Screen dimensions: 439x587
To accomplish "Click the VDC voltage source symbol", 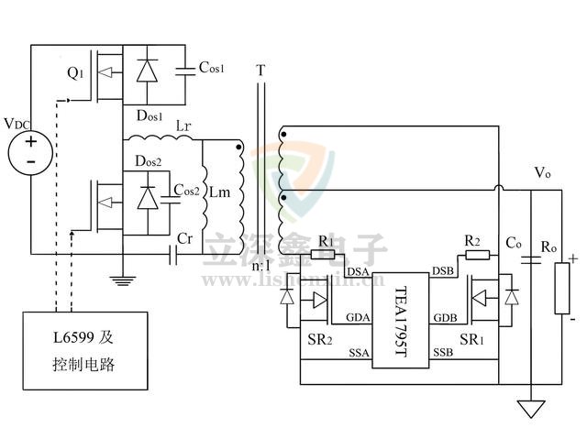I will (30, 151).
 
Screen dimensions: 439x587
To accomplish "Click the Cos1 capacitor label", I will (212, 68).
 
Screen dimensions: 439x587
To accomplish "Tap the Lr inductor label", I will (183, 127).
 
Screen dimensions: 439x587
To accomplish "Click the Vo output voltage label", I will (543, 172).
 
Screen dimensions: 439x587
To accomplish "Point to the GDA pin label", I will (357, 318).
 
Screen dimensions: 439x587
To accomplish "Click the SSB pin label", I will (443, 352).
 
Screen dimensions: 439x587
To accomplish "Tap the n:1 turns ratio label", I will (260, 266).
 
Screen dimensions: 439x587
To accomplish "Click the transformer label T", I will (261, 71).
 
